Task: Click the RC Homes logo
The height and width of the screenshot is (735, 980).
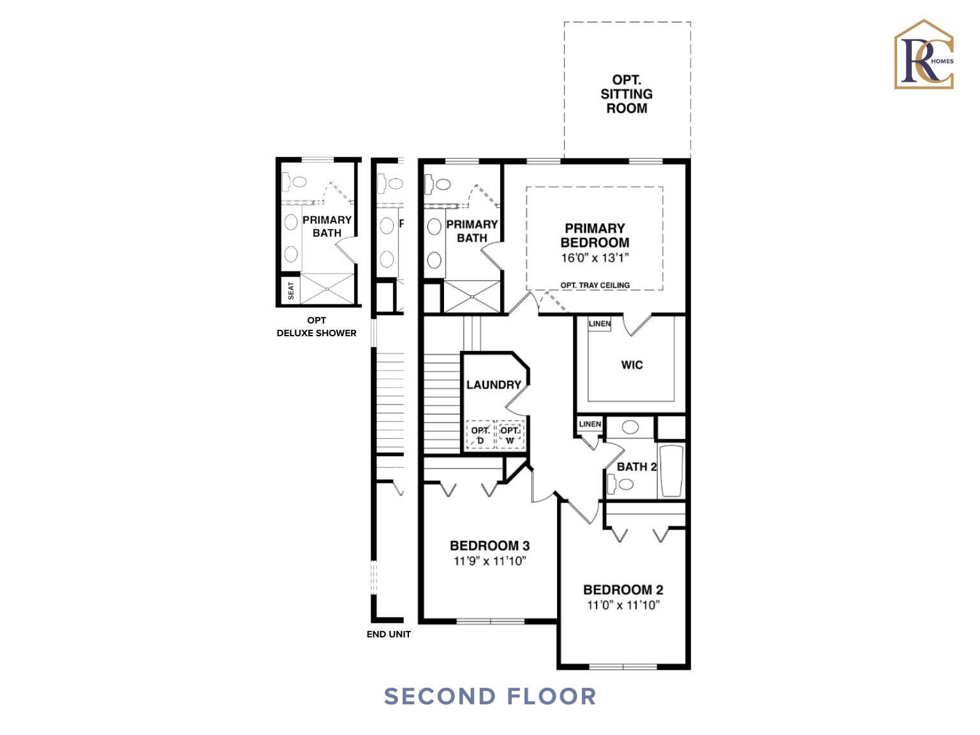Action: pyautogui.click(x=924, y=55)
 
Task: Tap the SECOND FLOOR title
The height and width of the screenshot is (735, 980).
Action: pyautogui.click(x=490, y=696)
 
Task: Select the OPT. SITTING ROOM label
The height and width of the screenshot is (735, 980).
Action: pyautogui.click(x=627, y=94)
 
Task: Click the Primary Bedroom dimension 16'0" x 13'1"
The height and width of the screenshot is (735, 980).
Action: pyautogui.click(x=595, y=258)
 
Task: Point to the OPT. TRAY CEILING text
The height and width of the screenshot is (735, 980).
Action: pyautogui.click(x=595, y=285)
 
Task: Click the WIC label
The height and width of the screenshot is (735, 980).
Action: pyautogui.click(x=632, y=365)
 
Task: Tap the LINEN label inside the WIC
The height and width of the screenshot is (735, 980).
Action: pyautogui.click(x=599, y=324)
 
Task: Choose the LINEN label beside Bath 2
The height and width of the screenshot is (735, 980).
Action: pyautogui.click(x=590, y=424)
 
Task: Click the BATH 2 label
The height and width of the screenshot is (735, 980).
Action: pyautogui.click(x=636, y=467)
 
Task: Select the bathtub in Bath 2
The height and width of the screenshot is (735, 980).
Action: pyautogui.click(x=671, y=471)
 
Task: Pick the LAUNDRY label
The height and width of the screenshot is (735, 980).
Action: pyautogui.click(x=493, y=385)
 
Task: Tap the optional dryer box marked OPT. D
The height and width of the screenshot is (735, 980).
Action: pyautogui.click(x=480, y=435)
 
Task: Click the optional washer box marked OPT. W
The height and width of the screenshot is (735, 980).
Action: pyautogui.click(x=510, y=435)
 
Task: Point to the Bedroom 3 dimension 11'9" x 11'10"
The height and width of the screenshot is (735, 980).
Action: pyautogui.click(x=489, y=561)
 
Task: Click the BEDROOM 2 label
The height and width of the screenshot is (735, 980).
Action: pyautogui.click(x=623, y=590)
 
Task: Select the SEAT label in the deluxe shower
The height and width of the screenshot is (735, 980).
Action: pyautogui.click(x=291, y=290)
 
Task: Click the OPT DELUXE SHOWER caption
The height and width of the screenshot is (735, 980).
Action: pyautogui.click(x=316, y=327)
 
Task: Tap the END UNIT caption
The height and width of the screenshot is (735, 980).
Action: pyautogui.click(x=389, y=634)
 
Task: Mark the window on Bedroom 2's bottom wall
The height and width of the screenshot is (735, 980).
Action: pyautogui.click(x=623, y=667)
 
